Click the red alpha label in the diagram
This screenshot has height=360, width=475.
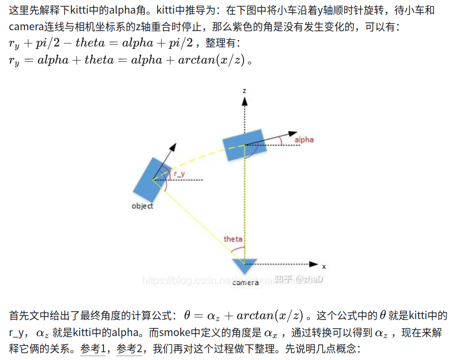[x=304, y=140]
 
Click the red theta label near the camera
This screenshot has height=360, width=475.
[x=233, y=239]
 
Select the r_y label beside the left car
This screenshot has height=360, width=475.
[x=179, y=174]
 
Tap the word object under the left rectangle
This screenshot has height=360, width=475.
[x=142, y=206]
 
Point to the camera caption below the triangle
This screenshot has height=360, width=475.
[x=246, y=282]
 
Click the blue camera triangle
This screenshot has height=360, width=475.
[x=244, y=265]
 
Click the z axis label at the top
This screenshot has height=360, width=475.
[x=244, y=90]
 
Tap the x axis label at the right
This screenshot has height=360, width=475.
[x=324, y=267]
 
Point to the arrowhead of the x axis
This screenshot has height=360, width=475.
[x=314, y=264]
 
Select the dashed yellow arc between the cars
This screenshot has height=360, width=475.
[x=195, y=156]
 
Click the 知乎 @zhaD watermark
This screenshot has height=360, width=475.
[x=299, y=279]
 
